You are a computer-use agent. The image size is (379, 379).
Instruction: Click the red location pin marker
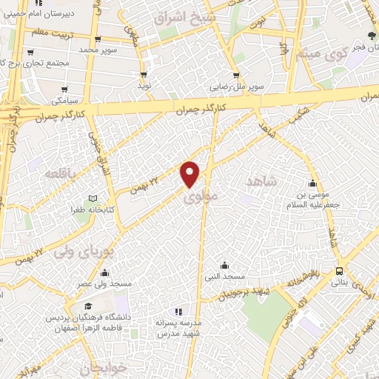tap(191, 173)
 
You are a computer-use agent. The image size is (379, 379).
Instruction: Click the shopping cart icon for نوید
tap(144, 74)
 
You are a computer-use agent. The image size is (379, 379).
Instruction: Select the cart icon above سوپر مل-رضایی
tap(235, 74)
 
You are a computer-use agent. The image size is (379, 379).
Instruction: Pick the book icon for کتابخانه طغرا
tap(93, 198)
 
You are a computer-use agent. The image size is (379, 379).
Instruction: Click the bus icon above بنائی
tap(338, 270)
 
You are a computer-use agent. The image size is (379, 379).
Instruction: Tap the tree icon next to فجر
tap(371, 35)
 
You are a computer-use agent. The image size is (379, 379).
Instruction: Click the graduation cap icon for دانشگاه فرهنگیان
tap(88, 306)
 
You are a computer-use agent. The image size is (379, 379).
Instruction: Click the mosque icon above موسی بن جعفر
tap(314, 184)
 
